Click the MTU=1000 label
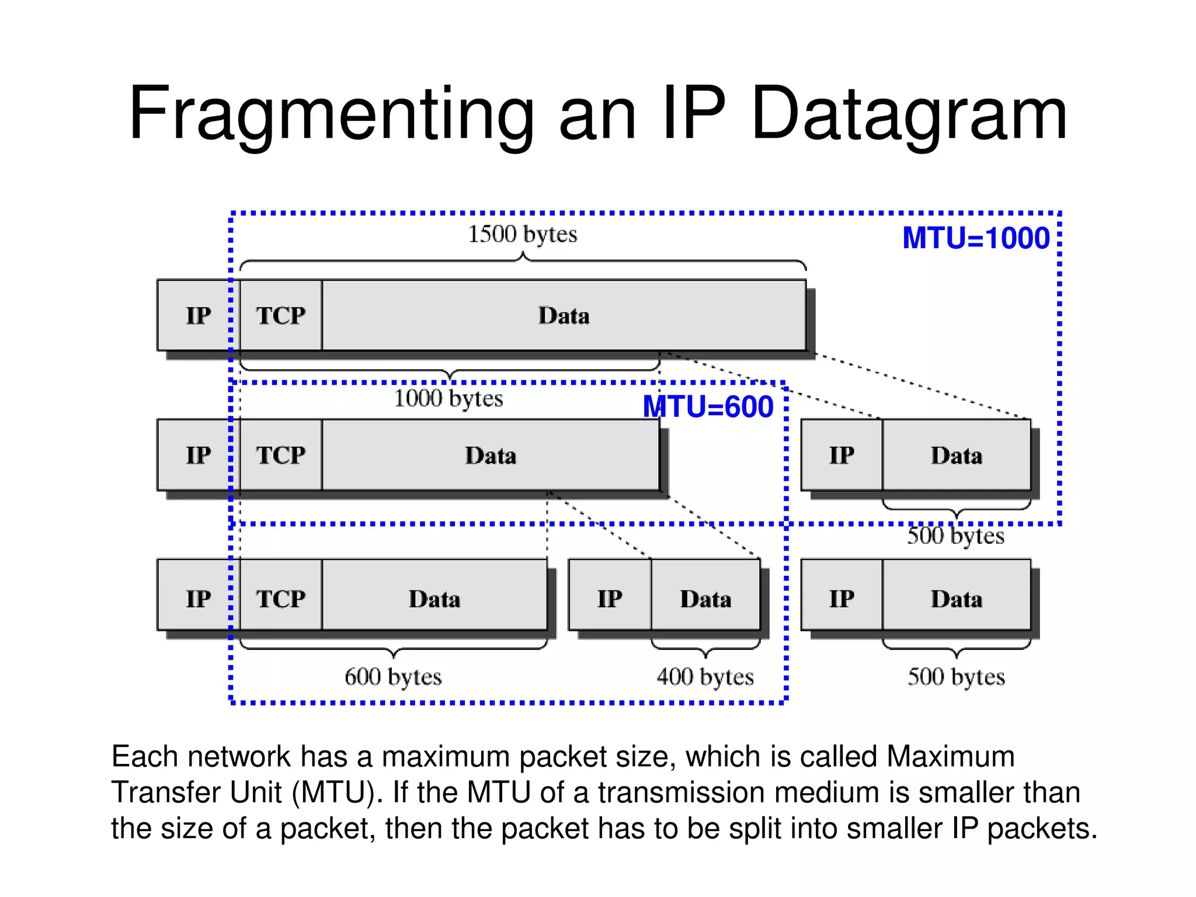pos(976,238)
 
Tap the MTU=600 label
pos(708,407)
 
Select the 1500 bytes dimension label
pos(522,234)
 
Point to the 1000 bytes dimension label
pos(448,399)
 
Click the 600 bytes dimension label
pos(393,677)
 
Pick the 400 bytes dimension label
pos(705,677)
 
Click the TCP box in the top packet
pos(281,315)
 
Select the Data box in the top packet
pos(564,315)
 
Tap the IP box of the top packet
pos(198,315)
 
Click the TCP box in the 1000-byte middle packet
pos(281,455)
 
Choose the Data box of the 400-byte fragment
pos(705,599)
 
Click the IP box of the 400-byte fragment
pos(610,599)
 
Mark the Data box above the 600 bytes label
pos(434,599)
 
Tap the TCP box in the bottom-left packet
pos(281,599)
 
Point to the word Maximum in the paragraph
pos(950,757)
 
